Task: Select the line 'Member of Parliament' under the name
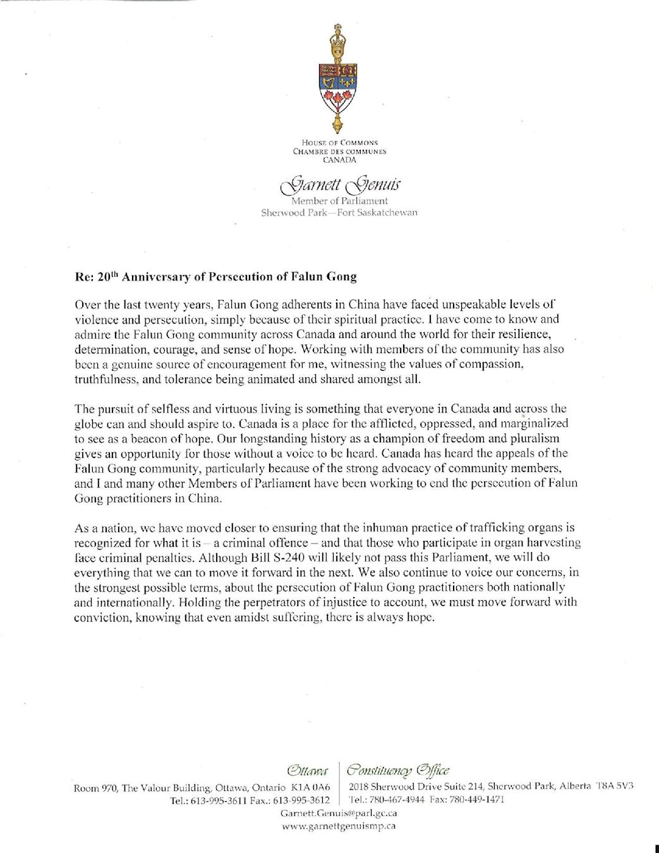click(339, 201)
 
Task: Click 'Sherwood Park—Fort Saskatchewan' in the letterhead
click(339, 212)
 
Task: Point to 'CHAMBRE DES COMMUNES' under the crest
click(339, 152)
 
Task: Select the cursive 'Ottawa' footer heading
click(308, 771)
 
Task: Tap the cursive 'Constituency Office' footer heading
click(398, 771)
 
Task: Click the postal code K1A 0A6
click(311, 787)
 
